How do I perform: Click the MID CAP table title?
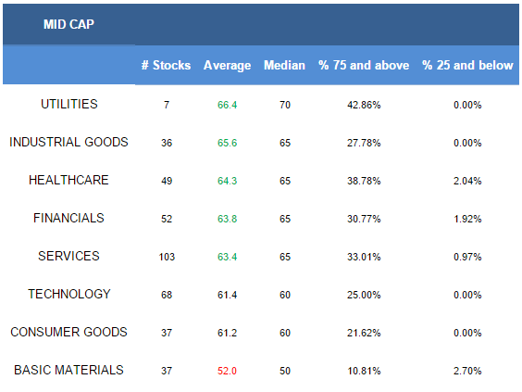(68, 24)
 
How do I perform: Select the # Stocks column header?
(166, 65)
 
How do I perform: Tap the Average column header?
(228, 66)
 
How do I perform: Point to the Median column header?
(284, 65)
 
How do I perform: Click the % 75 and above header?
(364, 65)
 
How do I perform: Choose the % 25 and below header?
(467, 65)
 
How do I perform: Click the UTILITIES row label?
(69, 104)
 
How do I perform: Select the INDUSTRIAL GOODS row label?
(68, 142)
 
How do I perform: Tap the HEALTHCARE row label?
(68, 180)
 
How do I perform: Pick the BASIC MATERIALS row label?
(68, 370)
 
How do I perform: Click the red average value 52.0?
(227, 371)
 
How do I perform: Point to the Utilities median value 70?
(285, 105)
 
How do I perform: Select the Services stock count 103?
(167, 257)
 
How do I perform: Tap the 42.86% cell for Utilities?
(364, 105)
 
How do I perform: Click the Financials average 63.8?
(227, 219)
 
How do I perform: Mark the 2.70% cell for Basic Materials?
(467, 371)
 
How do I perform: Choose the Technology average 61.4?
(227, 295)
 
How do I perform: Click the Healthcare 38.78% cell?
(364, 181)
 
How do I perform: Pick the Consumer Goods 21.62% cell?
(364, 333)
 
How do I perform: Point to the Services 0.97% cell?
(467, 257)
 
